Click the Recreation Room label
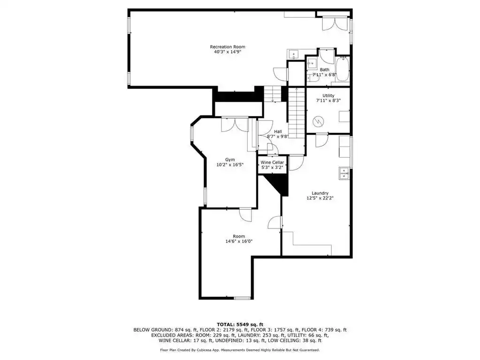click(228, 47)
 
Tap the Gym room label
click(230, 160)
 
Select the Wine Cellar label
click(272, 162)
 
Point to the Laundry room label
click(320, 193)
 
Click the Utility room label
click(328, 95)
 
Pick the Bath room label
click(325, 69)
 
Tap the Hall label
click(278, 131)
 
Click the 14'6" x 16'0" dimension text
click(239, 241)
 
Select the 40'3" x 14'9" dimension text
click(228, 52)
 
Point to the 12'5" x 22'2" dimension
click(320, 198)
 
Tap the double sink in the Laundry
click(344, 174)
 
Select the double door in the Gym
click(235, 124)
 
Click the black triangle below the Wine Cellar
click(279, 184)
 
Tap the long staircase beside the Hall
click(297, 113)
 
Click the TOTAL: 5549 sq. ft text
click(240, 324)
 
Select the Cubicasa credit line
click(240, 350)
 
